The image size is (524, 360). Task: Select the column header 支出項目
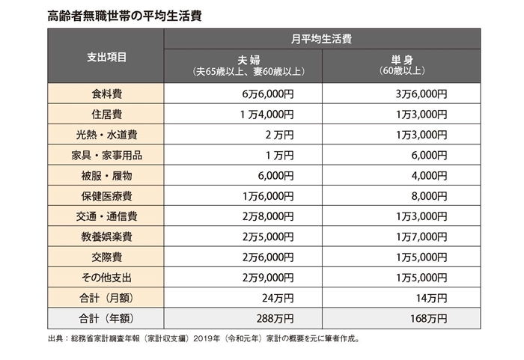coord(106,56)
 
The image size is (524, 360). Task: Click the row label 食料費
coord(106,94)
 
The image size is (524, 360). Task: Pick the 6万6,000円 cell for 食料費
coord(267,94)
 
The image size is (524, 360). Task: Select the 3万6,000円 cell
coord(421,94)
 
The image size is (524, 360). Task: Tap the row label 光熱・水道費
coord(106,135)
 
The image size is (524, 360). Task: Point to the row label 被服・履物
coord(106,175)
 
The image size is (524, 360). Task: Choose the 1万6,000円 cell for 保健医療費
coord(267,195)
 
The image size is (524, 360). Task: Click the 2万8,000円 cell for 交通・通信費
coord(267,216)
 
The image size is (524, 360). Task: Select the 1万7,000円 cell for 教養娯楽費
coord(421,236)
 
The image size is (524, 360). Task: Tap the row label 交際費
coord(106,256)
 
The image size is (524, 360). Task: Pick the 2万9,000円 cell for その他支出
coord(267,276)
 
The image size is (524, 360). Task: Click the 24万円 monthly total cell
coord(277,296)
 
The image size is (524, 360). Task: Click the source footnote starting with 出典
coord(203,338)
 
